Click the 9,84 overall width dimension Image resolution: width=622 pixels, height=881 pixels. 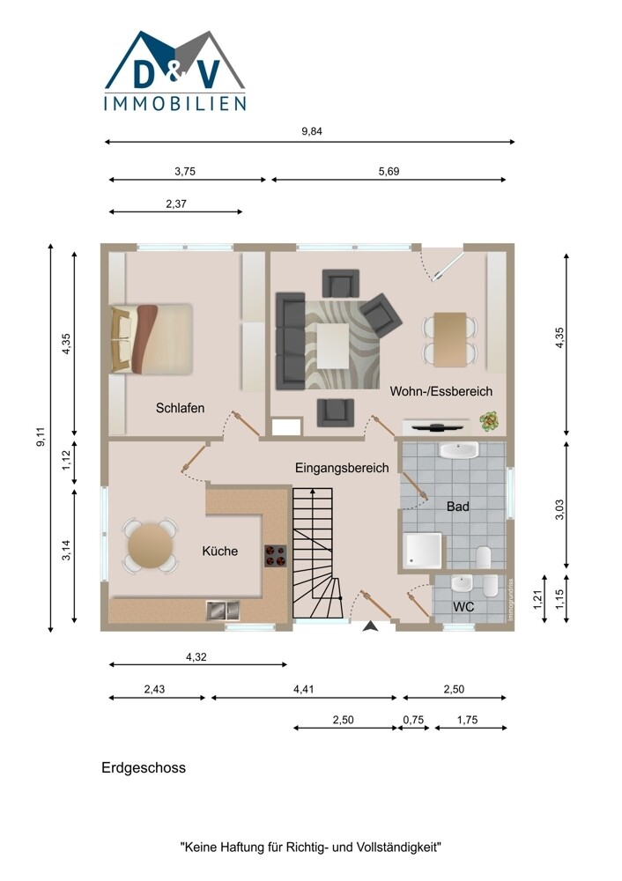click(x=312, y=131)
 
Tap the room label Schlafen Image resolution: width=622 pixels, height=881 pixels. click(x=180, y=408)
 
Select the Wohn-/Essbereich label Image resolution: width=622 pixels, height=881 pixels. click(x=441, y=391)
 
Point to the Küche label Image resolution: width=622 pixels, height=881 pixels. click(x=219, y=552)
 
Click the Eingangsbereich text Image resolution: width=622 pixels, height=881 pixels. click(x=342, y=468)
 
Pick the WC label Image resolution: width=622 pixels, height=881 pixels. click(x=463, y=607)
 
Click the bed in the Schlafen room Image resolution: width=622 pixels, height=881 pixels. click(x=152, y=339)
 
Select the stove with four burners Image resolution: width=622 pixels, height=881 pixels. click(x=276, y=556)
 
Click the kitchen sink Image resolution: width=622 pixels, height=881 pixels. click(x=223, y=610)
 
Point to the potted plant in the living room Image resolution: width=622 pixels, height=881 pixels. click(x=490, y=421)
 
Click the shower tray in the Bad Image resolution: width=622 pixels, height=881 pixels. click(x=423, y=550)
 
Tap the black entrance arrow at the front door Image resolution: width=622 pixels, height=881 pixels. click(x=370, y=626)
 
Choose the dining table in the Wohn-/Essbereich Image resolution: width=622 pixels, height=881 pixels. click(x=450, y=339)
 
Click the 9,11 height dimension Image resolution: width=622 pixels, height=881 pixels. click(x=40, y=437)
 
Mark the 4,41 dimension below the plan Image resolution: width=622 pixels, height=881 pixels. click(x=304, y=690)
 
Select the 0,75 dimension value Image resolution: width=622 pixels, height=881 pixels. click(x=413, y=720)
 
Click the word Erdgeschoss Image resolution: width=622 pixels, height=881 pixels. click(x=144, y=767)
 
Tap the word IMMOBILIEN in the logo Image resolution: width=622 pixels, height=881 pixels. click(x=175, y=103)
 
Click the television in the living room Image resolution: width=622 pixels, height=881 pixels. click(x=438, y=427)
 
